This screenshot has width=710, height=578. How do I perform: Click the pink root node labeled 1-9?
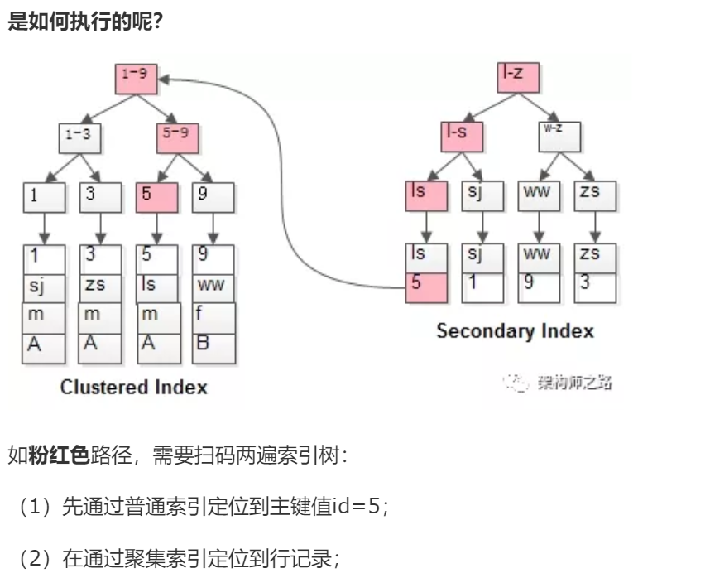click(134, 79)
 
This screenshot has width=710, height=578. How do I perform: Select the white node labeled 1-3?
click(79, 137)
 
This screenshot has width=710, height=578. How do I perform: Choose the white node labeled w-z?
click(559, 137)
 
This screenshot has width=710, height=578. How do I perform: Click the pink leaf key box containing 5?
click(157, 196)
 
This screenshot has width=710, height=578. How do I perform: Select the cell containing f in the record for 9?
click(214, 315)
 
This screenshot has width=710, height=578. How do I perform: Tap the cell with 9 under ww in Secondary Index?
click(540, 287)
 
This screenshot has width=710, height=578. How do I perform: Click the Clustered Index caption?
click(133, 387)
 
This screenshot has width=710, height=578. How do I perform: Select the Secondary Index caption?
click(515, 331)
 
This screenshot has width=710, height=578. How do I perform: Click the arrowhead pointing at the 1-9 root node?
click(162, 79)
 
